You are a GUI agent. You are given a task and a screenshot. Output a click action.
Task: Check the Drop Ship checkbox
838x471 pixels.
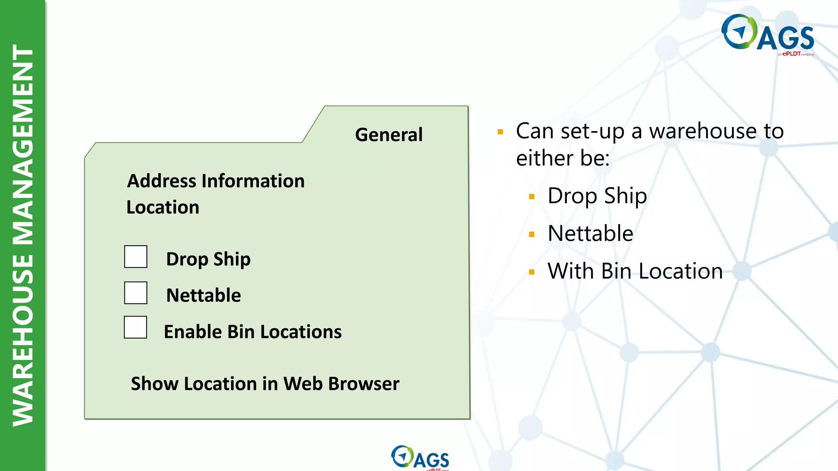tap(136, 257)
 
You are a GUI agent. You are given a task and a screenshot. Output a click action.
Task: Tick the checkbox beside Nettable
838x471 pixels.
tap(136, 293)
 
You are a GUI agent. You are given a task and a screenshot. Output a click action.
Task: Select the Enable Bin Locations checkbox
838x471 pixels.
tap(135, 327)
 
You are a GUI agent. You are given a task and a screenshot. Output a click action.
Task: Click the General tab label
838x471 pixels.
tap(389, 135)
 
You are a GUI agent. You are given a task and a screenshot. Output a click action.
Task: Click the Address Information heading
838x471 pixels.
tap(216, 181)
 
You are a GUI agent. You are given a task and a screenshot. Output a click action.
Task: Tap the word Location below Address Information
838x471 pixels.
tap(163, 207)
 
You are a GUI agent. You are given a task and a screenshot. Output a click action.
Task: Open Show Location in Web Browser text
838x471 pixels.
tap(265, 384)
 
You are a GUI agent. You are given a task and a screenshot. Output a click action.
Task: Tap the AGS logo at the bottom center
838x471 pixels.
tap(420, 458)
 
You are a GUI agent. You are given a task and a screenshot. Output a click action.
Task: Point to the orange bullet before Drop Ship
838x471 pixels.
tap(532, 197)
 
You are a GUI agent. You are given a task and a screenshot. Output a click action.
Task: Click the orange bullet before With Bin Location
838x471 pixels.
tap(532, 272)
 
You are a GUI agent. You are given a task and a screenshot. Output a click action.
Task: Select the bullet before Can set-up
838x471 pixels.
tap(500, 132)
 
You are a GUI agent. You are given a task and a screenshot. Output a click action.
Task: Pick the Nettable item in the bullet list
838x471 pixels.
tap(590, 233)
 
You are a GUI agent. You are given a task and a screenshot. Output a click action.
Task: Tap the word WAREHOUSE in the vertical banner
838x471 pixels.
tap(23, 339)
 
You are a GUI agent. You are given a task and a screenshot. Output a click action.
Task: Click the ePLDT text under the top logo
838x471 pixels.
tap(791, 54)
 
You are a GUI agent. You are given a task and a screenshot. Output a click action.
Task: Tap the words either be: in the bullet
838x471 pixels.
tap(563, 158)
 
